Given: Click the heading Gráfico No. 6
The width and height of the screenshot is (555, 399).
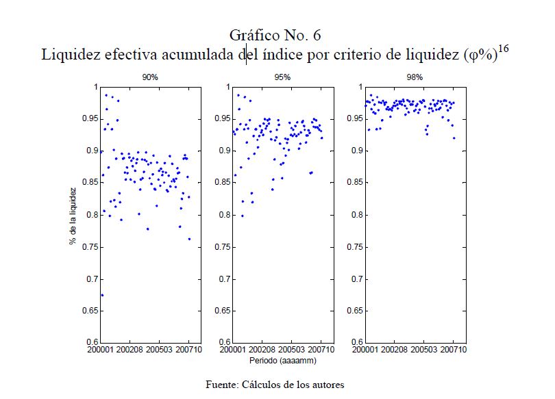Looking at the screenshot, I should pyautogui.click(x=277, y=35).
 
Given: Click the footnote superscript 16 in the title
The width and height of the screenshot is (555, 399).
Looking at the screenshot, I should pyautogui.click(x=504, y=49).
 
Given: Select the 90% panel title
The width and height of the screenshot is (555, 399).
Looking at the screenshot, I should pyautogui.click(x=150, y=77).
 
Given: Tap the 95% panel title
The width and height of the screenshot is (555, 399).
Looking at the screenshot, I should pyautogui.click(x=282, y=77).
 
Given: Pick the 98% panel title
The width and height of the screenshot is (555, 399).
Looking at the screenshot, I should pyautogui.click(x=415, y=77).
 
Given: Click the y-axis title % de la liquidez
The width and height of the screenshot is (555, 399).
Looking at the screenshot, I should pyautogui.click(x=72, y=215).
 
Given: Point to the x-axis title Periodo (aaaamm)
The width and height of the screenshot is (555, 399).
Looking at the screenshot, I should pyautogui.click(x=282, y=359).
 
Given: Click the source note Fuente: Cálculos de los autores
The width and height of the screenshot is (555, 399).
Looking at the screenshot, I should pyautogui.click(x=275, y=384).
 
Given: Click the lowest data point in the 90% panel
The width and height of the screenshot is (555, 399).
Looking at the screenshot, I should pyautogui.click(x=102, y=295).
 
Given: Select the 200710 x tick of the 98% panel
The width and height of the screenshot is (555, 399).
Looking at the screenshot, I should pyautogui.click(x=453, y=350).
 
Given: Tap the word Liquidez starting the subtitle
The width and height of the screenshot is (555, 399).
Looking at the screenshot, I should pyautogui.click(x=69, y=54).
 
